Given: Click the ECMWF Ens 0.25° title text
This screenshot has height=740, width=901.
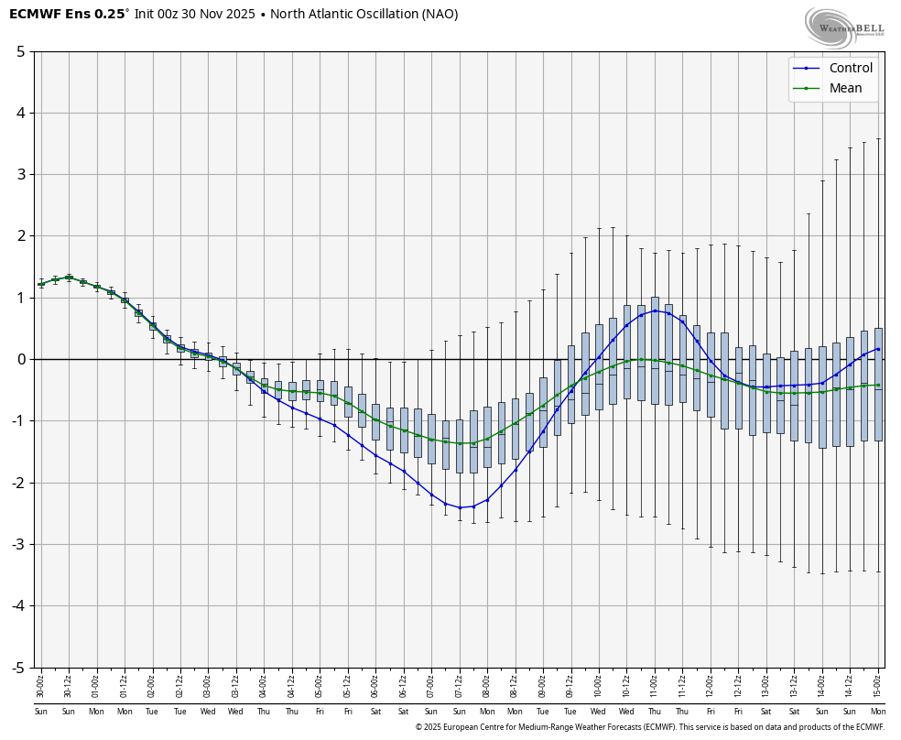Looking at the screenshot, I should click(68, 15).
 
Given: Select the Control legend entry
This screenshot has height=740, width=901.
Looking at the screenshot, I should click(850, 68).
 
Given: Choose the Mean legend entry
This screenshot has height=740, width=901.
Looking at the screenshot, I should click(845, 88).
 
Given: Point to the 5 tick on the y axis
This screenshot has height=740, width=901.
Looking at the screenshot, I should click(20, 51).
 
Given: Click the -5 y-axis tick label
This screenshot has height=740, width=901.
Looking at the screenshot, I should click(17, 668).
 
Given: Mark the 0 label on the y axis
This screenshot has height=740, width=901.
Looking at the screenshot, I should click(20, 359).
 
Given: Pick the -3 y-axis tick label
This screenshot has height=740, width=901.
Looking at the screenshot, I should click(17, 545).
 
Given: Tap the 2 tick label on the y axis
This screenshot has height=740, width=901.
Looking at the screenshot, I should click(20, 236).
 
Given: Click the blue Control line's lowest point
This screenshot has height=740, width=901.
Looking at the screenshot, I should click(460, 507).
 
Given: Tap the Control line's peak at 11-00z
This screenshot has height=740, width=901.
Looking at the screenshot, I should click(655, 310).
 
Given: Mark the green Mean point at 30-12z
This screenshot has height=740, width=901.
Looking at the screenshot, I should click(69, 277).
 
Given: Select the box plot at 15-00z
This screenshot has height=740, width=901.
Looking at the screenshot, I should click(878, 385).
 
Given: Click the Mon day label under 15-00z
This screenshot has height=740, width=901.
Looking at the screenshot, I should click(878, 712).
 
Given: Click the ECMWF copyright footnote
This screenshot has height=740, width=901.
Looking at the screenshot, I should click(649, 727).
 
